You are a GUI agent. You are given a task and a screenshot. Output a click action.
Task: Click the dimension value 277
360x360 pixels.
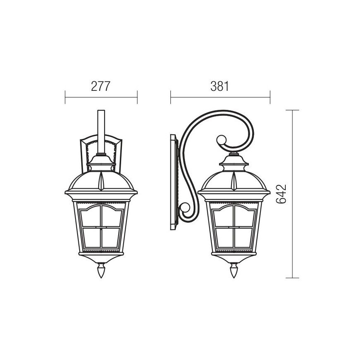point(100,86)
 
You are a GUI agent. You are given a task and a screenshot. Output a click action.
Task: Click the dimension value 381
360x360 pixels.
point(220,86)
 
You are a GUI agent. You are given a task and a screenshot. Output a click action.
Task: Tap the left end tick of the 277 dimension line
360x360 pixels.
point(66,98)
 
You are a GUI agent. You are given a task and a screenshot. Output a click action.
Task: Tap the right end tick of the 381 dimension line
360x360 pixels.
point(270,98)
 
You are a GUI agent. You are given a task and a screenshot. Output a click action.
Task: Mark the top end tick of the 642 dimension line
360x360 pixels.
point(293,110)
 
